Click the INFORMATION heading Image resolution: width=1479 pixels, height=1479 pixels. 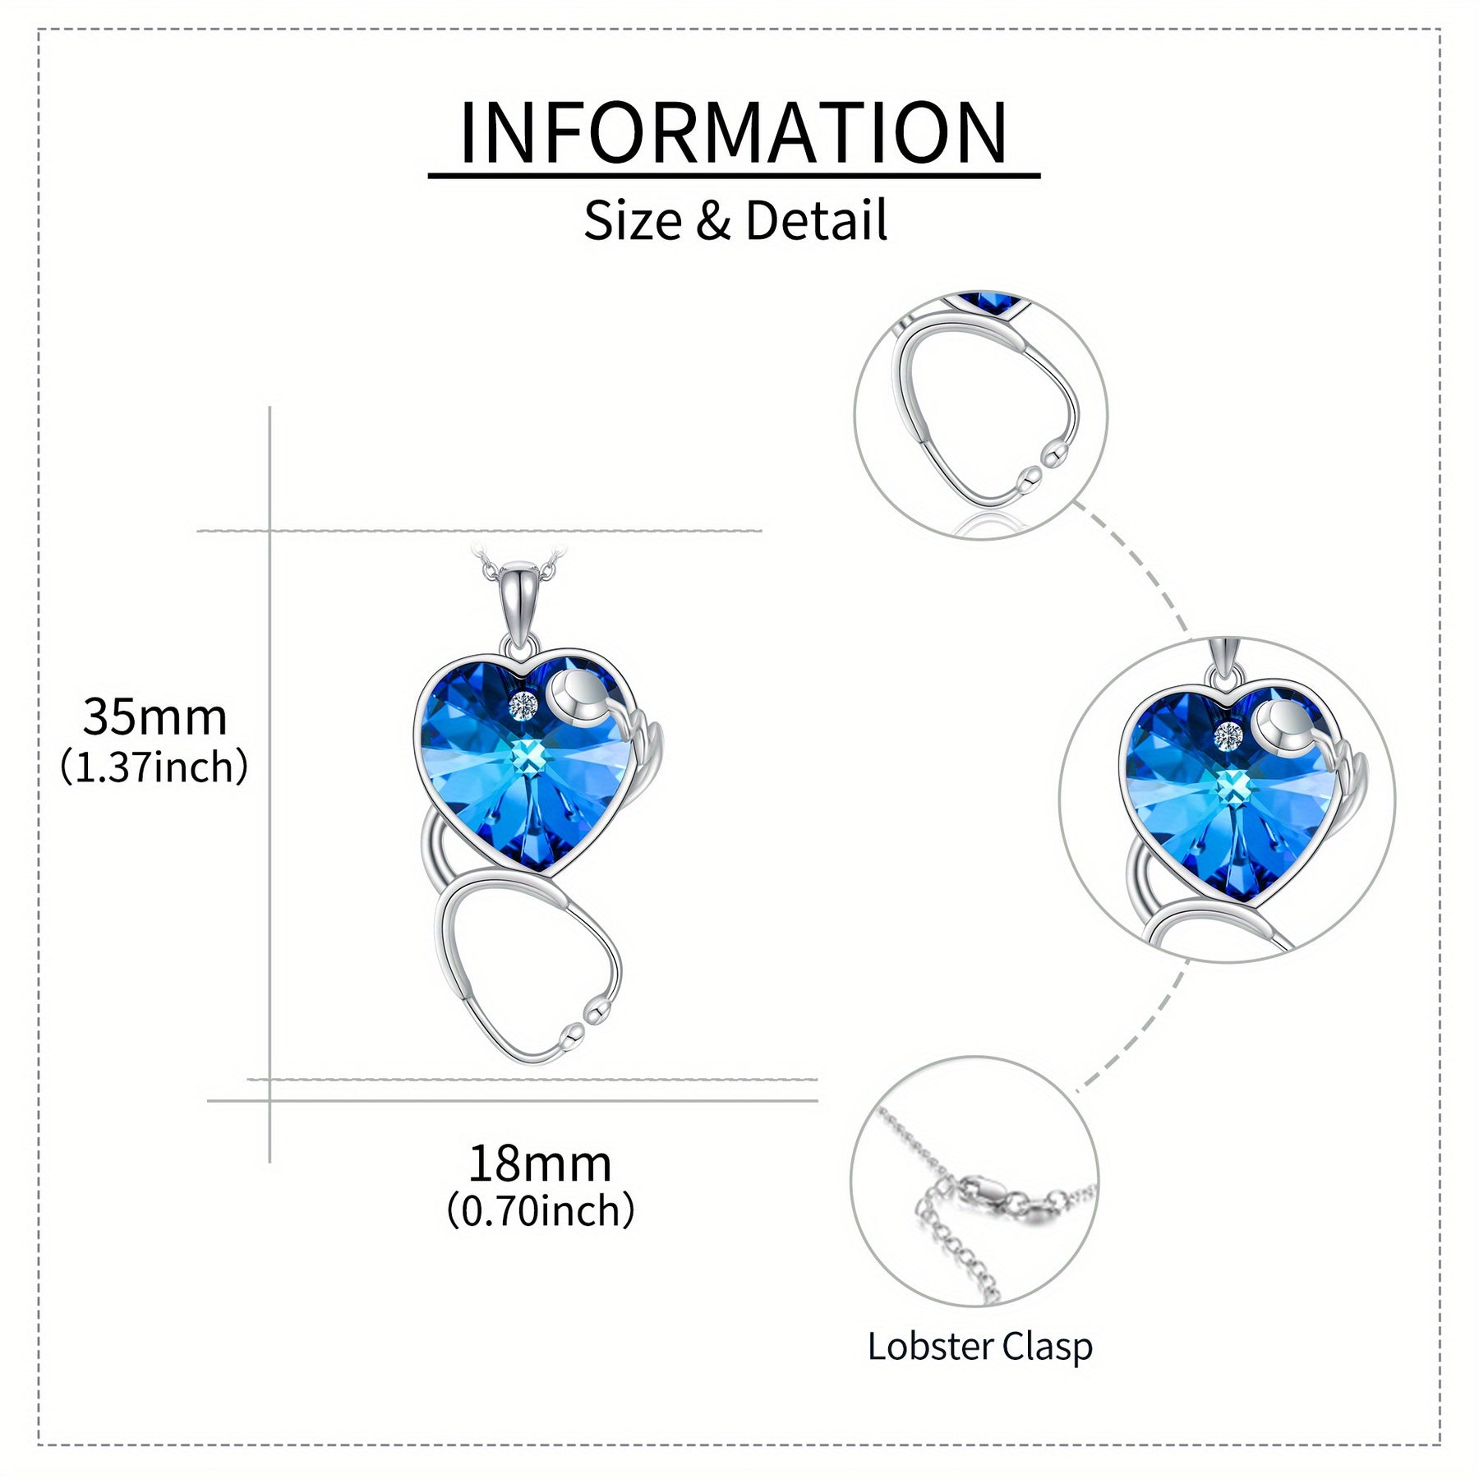(734, 132)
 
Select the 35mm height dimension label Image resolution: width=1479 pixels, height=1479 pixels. (154, 716)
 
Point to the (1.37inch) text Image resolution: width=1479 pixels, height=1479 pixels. (154, 767)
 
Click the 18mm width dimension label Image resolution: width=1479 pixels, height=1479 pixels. (540, 1163)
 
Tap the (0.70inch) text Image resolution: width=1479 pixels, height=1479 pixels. (541, 1210)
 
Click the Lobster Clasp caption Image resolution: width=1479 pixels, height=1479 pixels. (980, 1347)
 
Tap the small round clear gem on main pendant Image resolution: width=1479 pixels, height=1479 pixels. (523, 704)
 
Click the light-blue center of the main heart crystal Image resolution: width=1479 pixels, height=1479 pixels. (528, 756)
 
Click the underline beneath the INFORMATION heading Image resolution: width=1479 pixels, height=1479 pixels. (734, 175)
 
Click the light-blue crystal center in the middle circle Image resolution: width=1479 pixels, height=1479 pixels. (1230, 786)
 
